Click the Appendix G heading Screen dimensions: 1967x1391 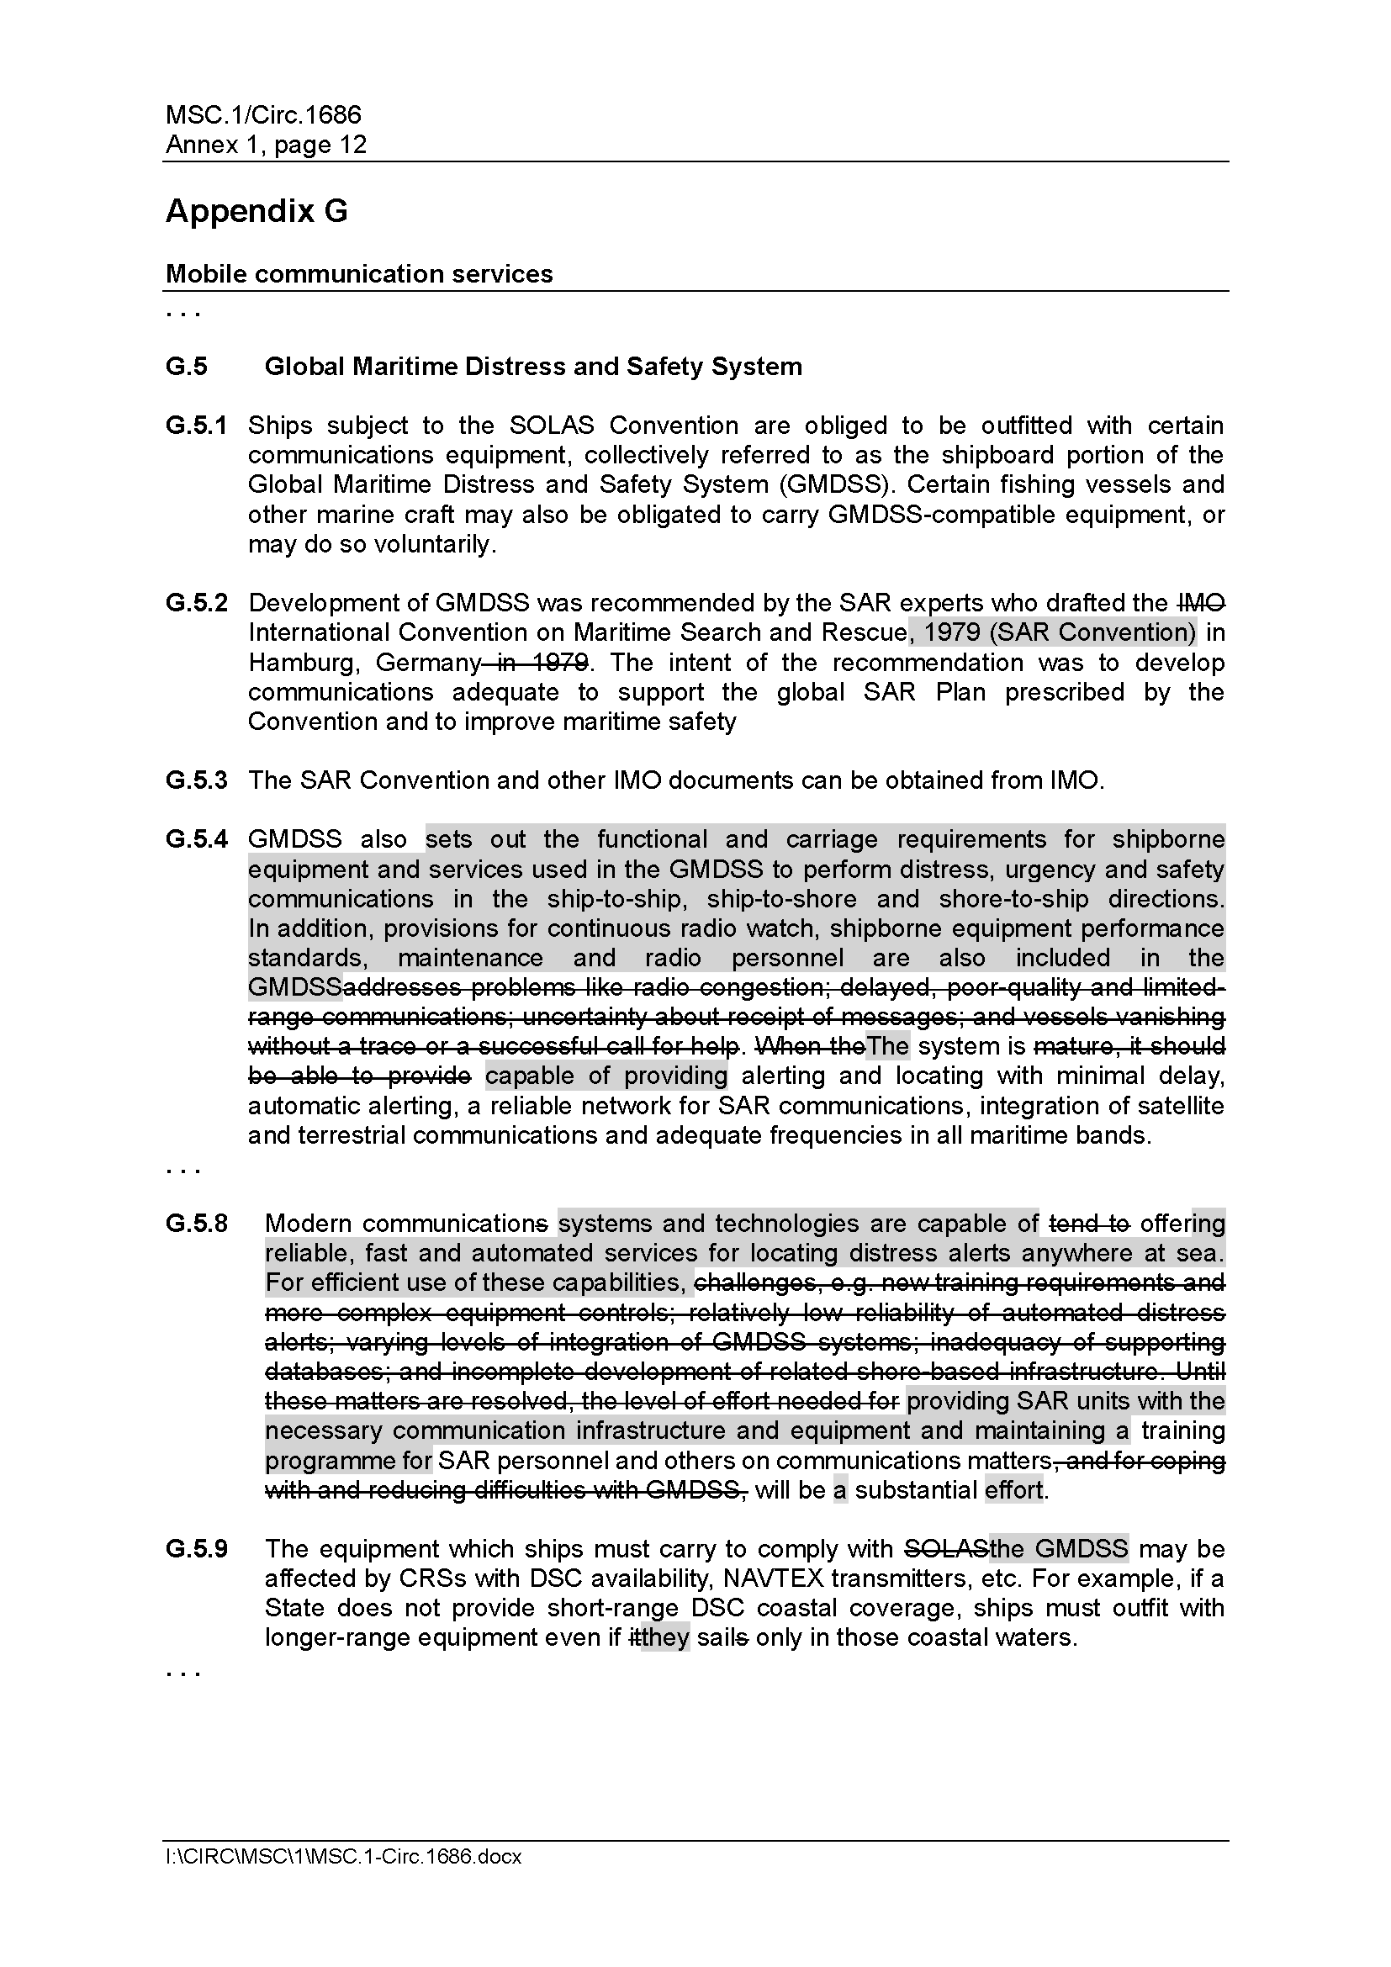(257, 211)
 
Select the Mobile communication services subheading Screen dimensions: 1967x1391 (359, 274)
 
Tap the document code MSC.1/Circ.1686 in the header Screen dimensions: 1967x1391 (263, 115)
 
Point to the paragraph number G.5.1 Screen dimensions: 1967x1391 (196, 426)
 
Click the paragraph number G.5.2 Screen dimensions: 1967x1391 (196, 603)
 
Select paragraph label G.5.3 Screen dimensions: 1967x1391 (196, 780)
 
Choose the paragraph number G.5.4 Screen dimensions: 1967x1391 (196, 839)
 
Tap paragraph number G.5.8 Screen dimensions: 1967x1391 (196, 1224)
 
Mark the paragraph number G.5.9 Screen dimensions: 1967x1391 (196, 1549)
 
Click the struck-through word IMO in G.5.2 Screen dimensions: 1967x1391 (1202, 603)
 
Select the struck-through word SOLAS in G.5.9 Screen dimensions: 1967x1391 (946, 1549)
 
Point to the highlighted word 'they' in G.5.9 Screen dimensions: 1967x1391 (664, 1637)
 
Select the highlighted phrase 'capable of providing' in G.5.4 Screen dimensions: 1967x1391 (606, 1076)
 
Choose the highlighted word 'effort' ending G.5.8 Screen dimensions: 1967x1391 (1014, 1490)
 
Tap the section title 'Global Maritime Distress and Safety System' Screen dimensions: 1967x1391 (532, 367)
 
